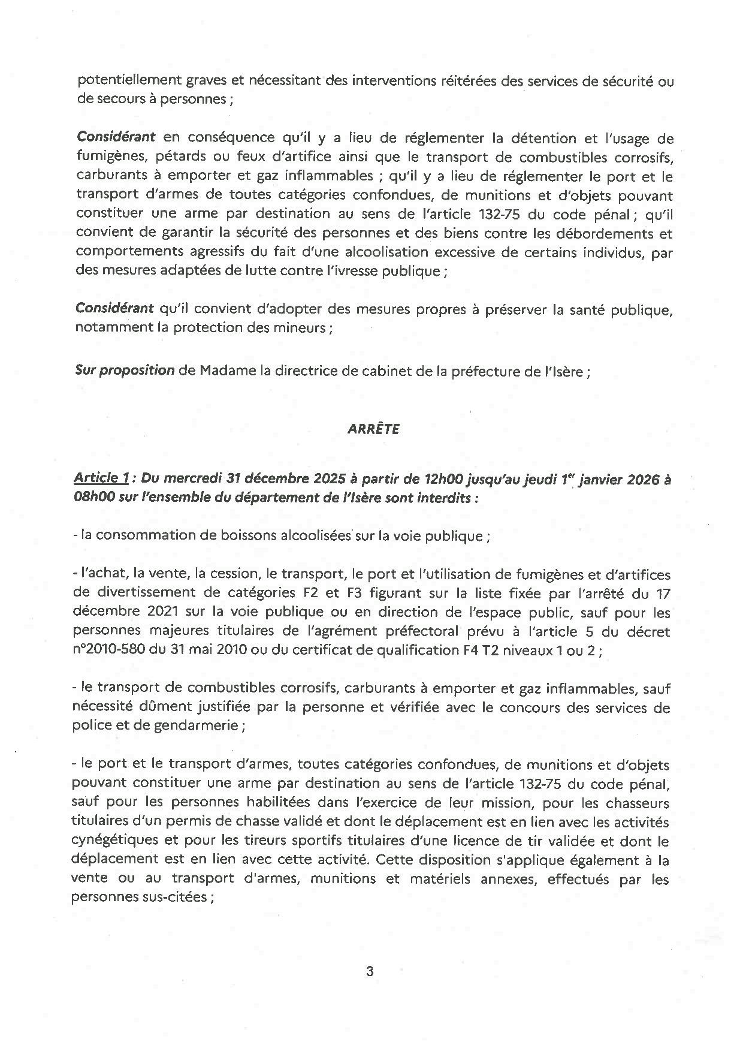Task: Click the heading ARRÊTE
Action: [x=373, y=429]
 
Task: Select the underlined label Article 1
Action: [x=101, y=478]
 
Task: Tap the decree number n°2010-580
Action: [x=117, y=651]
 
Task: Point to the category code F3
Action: [x=375, y=593]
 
